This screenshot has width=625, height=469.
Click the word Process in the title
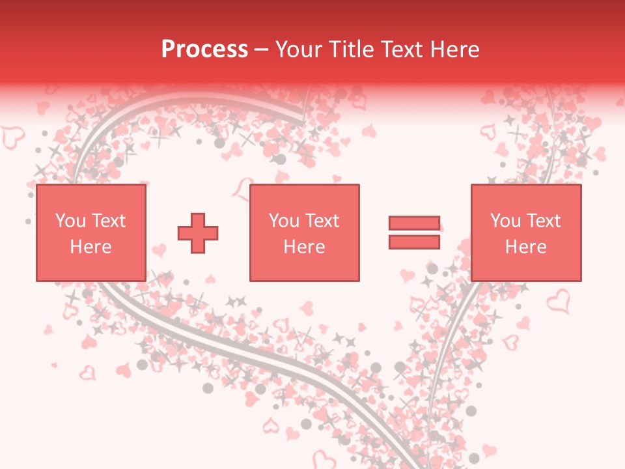pos(204,50)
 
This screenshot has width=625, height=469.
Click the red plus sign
pos(198,233)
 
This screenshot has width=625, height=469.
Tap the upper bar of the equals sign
pos(414,223)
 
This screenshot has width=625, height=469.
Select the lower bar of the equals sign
pos(414,242)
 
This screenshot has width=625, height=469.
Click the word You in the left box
pos(70,221)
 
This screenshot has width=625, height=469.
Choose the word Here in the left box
pos(90,247)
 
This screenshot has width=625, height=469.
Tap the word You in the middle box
pos(284,221)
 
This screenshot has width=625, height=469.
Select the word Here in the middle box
pos(304,247)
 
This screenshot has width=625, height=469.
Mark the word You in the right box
pos(505,221)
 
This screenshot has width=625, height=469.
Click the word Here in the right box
pos(525,247)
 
